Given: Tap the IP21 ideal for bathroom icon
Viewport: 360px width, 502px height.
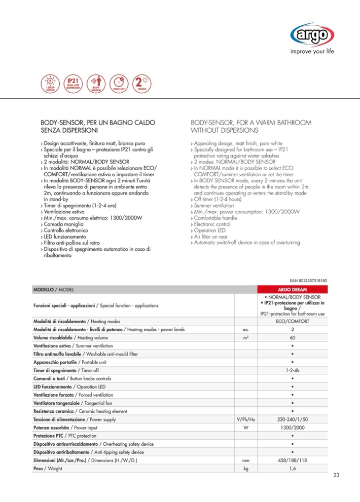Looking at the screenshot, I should (71, 83).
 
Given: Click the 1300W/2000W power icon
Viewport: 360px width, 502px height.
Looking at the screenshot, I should (49, 83).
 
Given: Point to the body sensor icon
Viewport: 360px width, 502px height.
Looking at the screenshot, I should (95, 83).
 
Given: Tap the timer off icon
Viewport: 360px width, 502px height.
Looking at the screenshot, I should (119, 83).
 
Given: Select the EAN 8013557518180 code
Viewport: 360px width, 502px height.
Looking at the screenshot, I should (311, 280).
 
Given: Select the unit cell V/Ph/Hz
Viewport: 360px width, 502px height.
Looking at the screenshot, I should (245, 419).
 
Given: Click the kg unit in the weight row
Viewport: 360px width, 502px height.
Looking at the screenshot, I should (245, 468).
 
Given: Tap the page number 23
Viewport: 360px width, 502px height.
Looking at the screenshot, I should (337, 475).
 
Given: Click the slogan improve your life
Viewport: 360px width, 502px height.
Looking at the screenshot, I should (311, 51).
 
